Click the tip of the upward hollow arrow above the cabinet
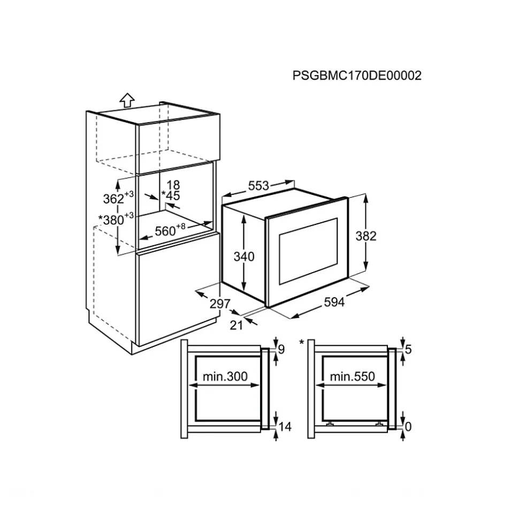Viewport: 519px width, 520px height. (x=127, y=93)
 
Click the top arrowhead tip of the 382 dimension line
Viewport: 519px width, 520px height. (x=365, y=194)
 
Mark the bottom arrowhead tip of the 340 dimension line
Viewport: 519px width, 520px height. (x=244, y=291)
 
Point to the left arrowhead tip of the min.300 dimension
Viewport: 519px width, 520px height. (x=189, y=385)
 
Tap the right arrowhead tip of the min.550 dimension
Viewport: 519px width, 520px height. (x=387, y=385)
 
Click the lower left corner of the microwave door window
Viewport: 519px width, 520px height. (x=280, y=284)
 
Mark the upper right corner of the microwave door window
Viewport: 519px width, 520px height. (x=338, y=218)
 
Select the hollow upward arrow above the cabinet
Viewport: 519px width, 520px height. (x=127, y=100)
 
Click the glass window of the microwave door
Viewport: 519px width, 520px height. (x=309, y=251)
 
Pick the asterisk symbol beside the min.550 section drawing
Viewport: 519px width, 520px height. (x=301, y=342)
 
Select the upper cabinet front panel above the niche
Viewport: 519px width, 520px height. (x=178, y=144)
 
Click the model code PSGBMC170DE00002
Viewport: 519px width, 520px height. (x=357, y=76)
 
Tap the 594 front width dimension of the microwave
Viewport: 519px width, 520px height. (x=334, y=302)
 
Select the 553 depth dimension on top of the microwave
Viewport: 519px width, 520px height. (x=258, y=186)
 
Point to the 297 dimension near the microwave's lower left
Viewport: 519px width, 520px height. (x=220, y=304)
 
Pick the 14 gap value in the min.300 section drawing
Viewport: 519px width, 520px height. (x=285, y=426)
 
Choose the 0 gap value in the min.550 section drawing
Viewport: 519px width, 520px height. (x=408, y=426)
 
